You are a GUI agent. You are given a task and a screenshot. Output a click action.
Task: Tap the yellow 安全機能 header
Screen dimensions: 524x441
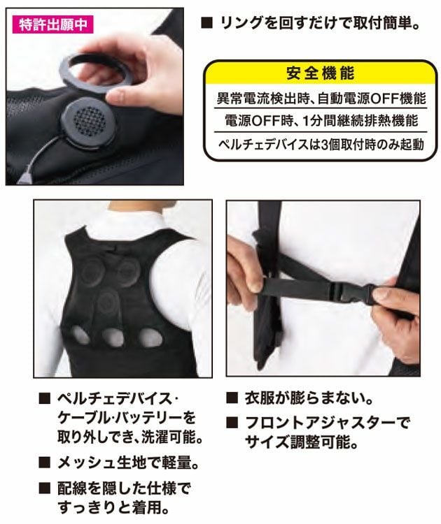pyautogui.click(x=319, y=72)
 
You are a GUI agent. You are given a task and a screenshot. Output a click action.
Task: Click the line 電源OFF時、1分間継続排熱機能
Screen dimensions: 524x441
pyautogui.click(x=319, y=120)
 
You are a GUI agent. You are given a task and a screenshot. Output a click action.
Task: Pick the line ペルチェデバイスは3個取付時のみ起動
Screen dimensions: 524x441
pyautogui.click(x=319, y=145)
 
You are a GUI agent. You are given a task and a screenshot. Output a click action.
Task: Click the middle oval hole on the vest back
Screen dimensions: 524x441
pyautogui.click(x=116, y=338)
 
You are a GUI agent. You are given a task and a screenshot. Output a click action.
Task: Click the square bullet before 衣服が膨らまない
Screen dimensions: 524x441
pyautogui.click(x=232, y=400)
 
